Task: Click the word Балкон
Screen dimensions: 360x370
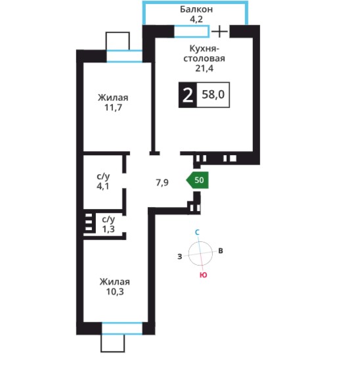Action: [196, 9]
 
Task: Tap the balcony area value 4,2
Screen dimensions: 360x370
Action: [196, 19]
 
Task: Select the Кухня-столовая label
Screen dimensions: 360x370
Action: [204, 54]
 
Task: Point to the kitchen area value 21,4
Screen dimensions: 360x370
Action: [204, 68]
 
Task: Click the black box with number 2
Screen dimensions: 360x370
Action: [188, 95]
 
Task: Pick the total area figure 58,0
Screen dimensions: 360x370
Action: [214, 95]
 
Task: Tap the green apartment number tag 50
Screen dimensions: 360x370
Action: [198, 180]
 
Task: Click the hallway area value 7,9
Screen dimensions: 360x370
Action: [162, 183]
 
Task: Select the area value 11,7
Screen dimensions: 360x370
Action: [113, 108]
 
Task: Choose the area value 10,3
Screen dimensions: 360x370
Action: [115, 292]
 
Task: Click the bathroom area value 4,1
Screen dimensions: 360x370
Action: [103, 186]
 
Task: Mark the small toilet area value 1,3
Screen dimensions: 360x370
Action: [108, 229]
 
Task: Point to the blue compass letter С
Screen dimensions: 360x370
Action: [198, 233]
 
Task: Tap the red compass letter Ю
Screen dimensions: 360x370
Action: [204, 275]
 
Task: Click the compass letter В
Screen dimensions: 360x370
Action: [221, 250]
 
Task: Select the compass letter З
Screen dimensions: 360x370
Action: [180, 256]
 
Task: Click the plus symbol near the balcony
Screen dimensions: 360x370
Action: [219, 32]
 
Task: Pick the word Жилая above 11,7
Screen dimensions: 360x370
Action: [113, 97]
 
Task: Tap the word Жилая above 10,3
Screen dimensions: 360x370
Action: [115, 282]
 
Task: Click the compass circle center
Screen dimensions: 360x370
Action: [200, 253]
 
